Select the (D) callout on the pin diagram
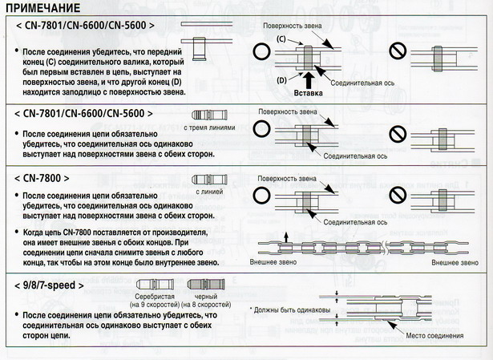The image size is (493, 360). pyautogui.click(x=281, y=80)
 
